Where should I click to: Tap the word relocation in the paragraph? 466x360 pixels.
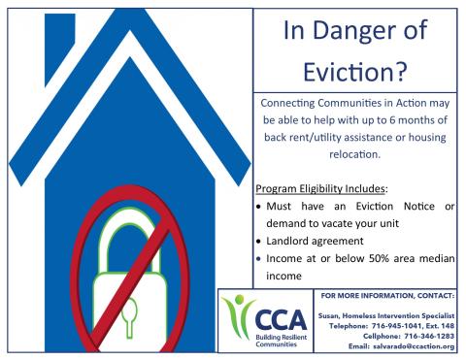(354, 153)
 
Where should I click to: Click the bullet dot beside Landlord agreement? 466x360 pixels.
(257, 242)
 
